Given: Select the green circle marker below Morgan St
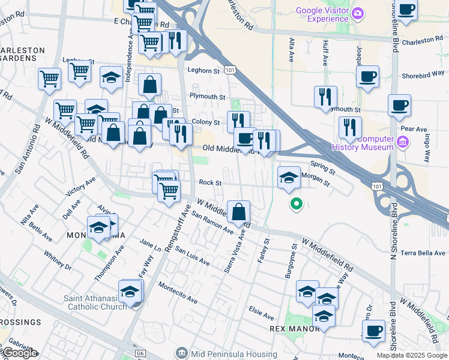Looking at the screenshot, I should point(296,205).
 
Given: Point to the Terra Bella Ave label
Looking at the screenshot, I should point(423,253).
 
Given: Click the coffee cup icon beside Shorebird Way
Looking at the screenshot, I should point(367,77).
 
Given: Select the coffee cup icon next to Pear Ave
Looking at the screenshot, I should point(399,106).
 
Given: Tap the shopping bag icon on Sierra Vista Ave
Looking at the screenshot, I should point(239,212).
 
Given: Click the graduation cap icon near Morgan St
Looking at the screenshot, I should point(289,178).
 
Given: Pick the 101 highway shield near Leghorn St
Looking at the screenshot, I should point(231,71).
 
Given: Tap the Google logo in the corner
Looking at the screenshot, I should point(19,353).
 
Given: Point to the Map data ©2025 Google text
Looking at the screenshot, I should point(411,355).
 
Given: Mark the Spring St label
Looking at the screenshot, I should point(322,164).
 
